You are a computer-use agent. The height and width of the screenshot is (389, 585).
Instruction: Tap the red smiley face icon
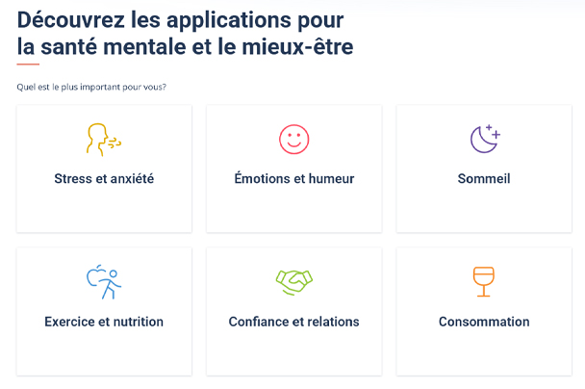(x=294, y=140)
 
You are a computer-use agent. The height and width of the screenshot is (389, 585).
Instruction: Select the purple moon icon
(x=485, y=139)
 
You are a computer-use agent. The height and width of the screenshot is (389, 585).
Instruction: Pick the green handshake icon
(x=294, y=282)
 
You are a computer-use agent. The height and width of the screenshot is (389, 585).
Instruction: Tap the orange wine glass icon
(x=484, y=282)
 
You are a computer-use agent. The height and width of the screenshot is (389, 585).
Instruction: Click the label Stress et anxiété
(x=104, y=178)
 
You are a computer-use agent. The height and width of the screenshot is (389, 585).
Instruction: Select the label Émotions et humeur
(x=294, y=178)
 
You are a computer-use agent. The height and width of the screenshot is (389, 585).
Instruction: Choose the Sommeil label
(x=484, y=178)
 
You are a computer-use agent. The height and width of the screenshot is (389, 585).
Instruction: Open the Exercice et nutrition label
(x=104, y=322)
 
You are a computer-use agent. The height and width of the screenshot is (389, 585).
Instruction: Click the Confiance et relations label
(x=294, y=322)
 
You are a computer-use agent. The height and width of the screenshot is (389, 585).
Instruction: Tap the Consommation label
(x=484, y=322)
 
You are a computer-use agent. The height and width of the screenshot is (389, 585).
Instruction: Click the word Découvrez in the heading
(x=71, y=20)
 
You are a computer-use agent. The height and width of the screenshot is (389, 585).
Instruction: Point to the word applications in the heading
(x=229, y=21)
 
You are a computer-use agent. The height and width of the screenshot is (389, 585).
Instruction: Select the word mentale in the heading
(x=144, y=47)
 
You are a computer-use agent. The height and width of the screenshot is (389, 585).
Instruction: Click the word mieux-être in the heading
(x=297, y=46)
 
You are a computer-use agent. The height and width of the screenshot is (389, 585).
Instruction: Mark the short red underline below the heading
(x=28, y=65)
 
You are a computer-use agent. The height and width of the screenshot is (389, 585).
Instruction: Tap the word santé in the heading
(x=68, y=46)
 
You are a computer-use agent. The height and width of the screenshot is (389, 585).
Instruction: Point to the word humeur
(x=331, y=178)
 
